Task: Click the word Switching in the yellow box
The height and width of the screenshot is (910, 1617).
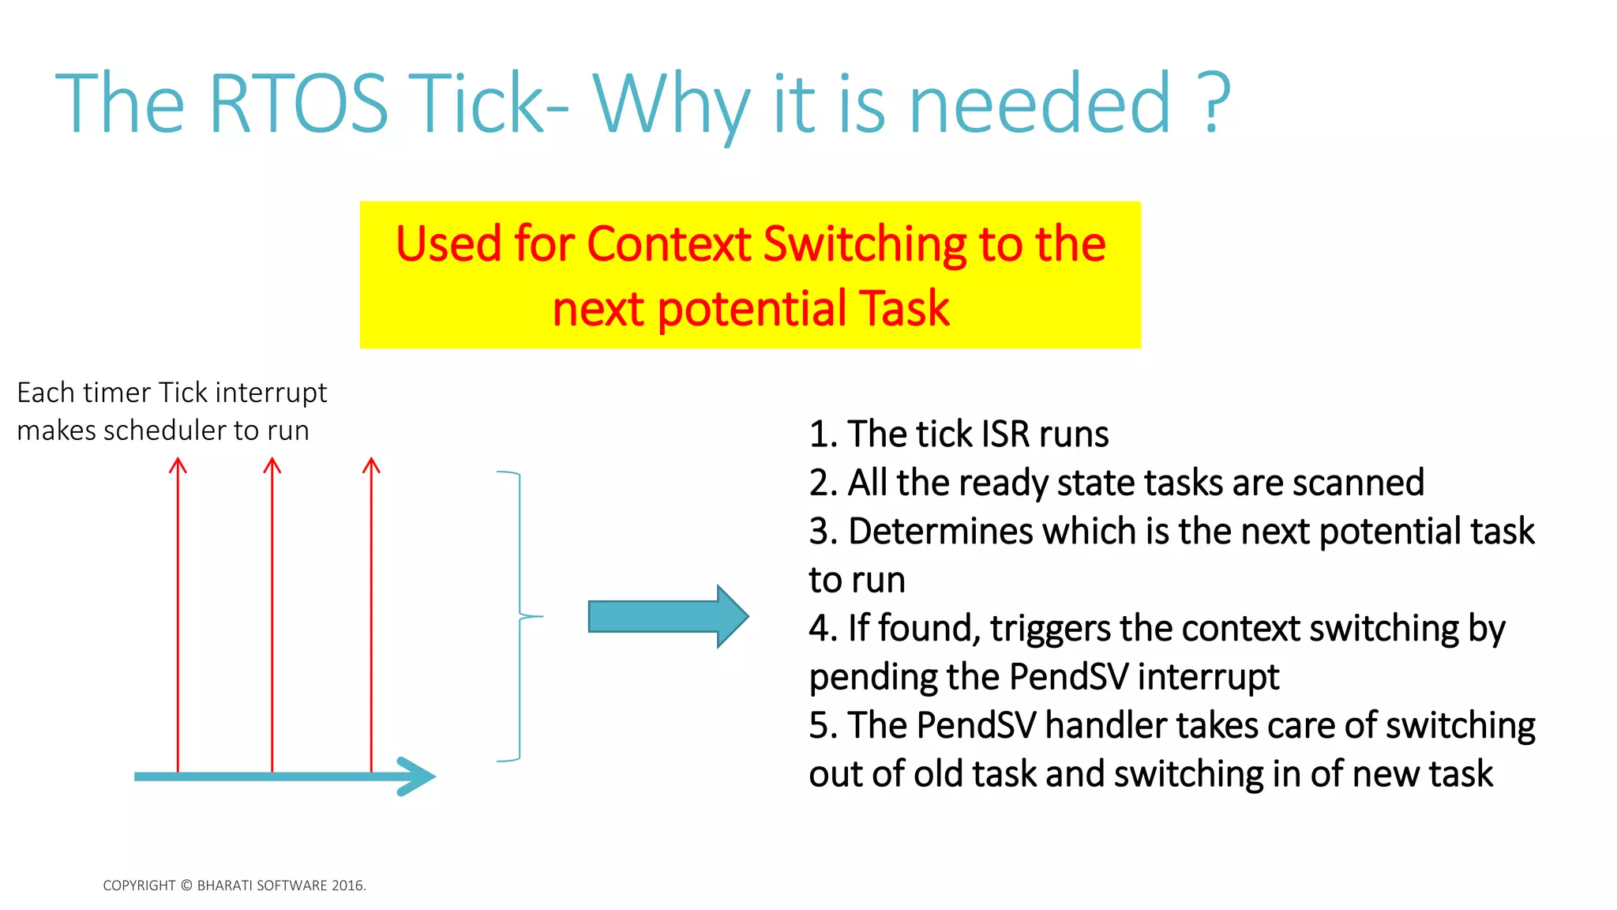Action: point(865,244)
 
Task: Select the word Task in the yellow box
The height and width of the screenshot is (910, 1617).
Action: point(903,309)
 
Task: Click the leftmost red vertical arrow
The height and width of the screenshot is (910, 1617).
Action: point(178,616)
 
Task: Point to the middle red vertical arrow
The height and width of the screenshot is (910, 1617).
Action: point(272,616)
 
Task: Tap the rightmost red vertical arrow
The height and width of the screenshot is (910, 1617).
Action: point(371,616)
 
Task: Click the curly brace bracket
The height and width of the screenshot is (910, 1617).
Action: point(520,616)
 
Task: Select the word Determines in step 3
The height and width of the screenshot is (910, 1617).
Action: point(940,532)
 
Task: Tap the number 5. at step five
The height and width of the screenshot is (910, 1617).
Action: point(824,726)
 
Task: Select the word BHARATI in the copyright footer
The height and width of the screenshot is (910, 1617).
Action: point(226,886)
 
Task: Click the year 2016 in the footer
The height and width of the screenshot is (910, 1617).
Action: point(347,886)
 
